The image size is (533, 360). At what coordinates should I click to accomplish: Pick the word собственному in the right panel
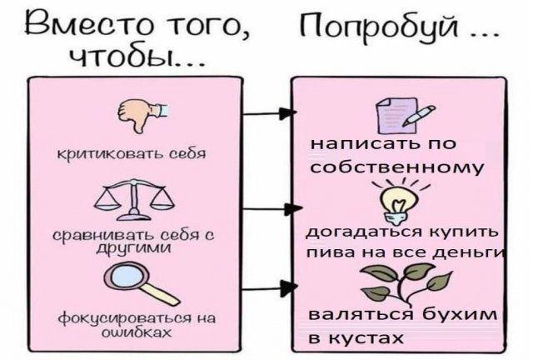tap(396, 167)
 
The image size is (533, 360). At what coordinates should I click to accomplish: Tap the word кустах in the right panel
tap(365, 337)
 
